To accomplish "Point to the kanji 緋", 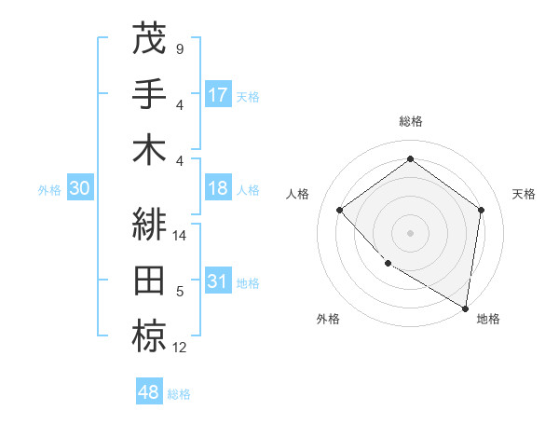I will point(149,225).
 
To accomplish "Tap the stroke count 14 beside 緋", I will point(181,236).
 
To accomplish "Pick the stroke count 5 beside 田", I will point(179,292).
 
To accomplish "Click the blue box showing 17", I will point(218,94).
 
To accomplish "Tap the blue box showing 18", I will point(218,188).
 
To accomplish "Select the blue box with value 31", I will point(218,281).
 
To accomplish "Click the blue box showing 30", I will point(79,188).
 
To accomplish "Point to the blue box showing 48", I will point(149,391).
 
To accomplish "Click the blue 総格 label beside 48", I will point(180,394).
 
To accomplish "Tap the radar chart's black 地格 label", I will point(488,319).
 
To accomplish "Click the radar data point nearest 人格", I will point(340,210).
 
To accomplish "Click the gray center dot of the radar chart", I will point(410,232).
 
